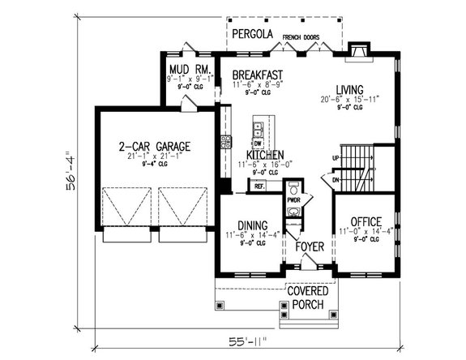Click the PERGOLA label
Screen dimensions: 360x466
tap(252, 35)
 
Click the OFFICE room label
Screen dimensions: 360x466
tap(365, 221)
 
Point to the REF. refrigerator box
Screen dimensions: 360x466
tap(260, 186)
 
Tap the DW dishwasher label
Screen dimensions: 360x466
tap(258, 143)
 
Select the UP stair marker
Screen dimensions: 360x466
tap(336, 158)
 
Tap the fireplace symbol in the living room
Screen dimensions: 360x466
tap(357, 54)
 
